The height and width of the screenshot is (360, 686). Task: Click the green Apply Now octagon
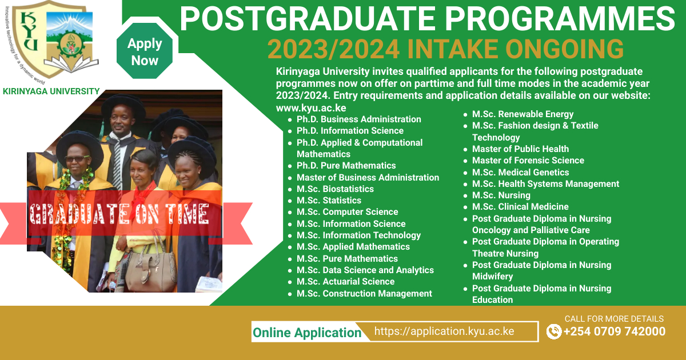tap(145, 51)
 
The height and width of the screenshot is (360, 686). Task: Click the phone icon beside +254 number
tap(554, 331)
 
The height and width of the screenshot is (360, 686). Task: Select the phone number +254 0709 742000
tap(615, 331)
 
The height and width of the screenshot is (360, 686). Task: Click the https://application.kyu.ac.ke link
tap(444, 331)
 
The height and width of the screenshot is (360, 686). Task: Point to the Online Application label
tap(307, 333)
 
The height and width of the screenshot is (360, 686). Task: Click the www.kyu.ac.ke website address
tap(311, 108)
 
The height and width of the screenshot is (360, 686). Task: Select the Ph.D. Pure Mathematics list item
tap(346, 166)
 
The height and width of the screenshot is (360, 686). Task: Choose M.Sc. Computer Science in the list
tap(348, 212)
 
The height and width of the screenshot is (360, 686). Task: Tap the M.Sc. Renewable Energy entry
tap(523, 114)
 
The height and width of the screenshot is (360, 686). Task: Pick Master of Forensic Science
tap(528, 161)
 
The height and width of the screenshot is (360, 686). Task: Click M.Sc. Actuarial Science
tap(345, 282)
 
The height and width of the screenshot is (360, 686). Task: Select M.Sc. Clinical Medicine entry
tap(520, 207)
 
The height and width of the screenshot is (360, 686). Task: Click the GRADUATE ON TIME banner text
tap(119, 214)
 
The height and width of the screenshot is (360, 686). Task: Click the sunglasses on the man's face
tap(77, 159)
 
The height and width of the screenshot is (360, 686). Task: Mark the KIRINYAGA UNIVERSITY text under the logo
tap(51, 91)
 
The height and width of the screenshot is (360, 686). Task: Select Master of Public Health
tap(520, 149)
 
